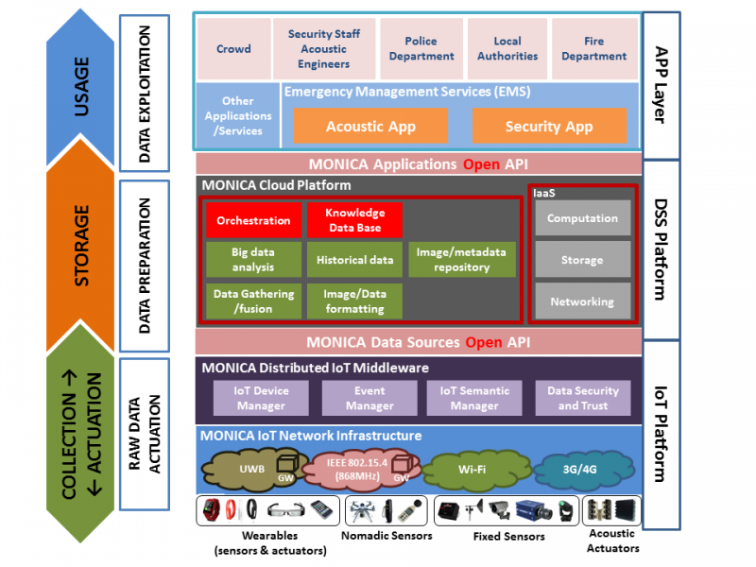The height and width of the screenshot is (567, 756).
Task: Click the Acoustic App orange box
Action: [370, 126]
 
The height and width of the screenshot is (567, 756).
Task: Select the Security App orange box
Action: [549, 126]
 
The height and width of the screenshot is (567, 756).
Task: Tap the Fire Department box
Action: [593, 49]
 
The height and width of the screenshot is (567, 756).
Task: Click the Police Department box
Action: [421, 49]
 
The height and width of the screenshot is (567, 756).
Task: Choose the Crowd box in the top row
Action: [233, 49]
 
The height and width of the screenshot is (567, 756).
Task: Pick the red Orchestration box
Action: [253, 220]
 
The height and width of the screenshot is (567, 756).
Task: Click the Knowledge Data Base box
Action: [354, 220]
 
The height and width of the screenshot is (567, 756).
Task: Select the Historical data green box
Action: [354, 260]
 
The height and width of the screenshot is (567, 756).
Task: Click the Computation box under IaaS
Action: [582, 218]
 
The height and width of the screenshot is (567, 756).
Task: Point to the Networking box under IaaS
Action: [582, 301]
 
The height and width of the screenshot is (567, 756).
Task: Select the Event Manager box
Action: [369, 398]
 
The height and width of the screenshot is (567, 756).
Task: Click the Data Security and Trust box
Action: [583, 398]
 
